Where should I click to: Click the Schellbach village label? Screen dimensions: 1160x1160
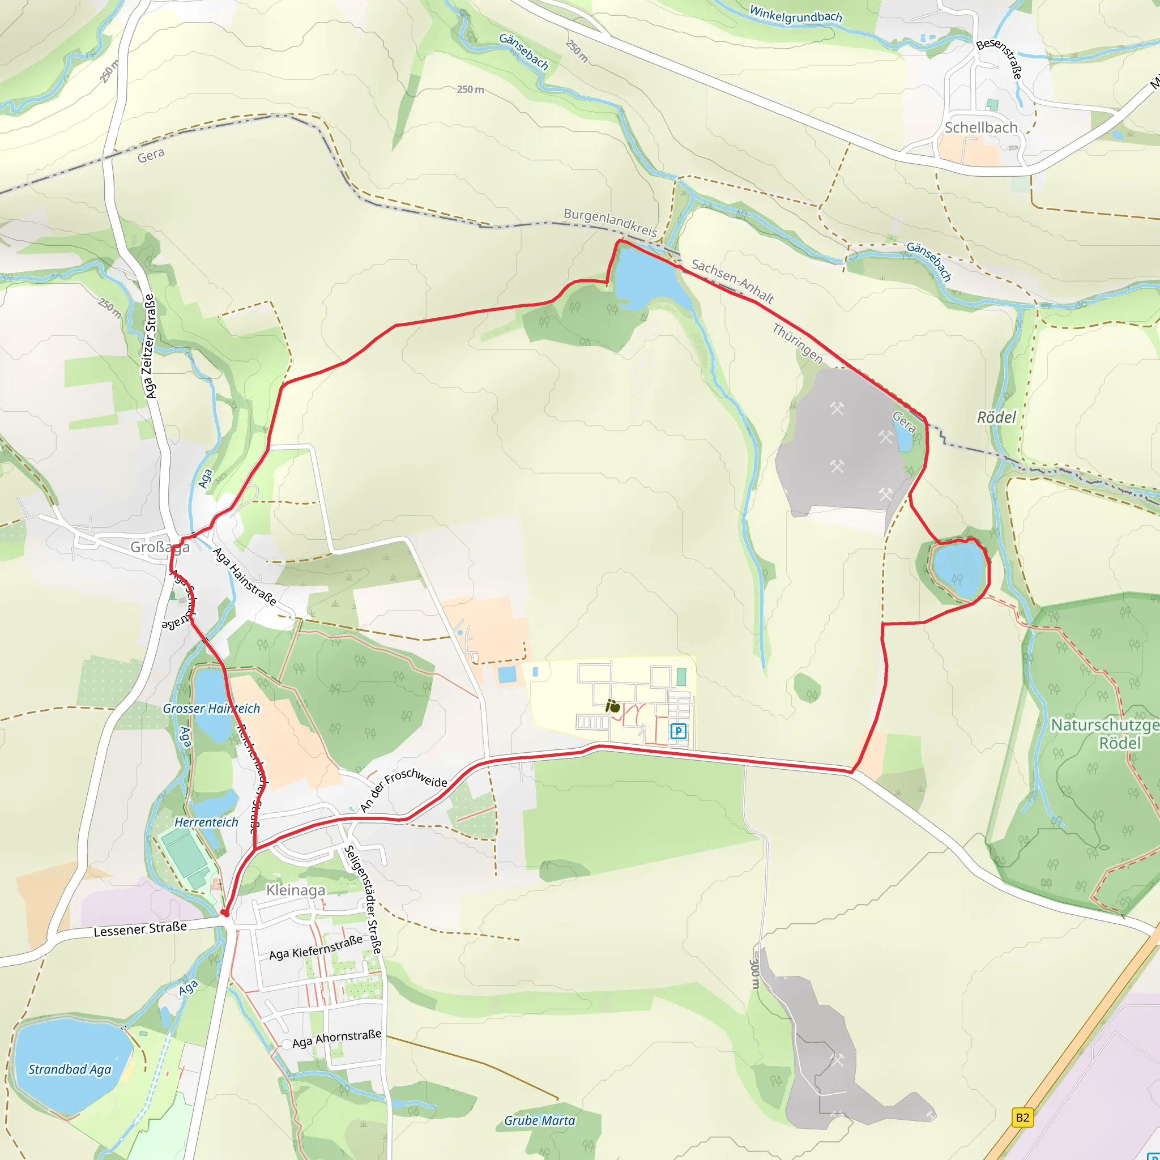(980, 127)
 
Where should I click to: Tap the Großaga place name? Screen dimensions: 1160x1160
(160, 547)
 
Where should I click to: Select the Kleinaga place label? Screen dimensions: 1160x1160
(296, 890)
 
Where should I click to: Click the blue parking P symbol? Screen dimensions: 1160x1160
(678, 731)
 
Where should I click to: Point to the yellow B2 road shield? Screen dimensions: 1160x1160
(1022, 1118)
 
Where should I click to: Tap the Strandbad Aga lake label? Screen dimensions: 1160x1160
(70, 1069)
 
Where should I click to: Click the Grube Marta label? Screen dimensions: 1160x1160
(539, 1120)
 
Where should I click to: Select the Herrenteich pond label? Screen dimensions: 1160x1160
(206, 822)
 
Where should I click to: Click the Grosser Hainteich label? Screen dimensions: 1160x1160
(211, 709)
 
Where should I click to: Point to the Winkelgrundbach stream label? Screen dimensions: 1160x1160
(796, 14)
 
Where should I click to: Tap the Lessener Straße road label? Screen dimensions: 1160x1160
(140, 929)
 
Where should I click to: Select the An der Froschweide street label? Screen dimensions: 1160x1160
(403, 791)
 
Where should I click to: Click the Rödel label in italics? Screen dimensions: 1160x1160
(996, 417)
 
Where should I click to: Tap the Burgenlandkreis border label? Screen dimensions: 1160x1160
(610, 222)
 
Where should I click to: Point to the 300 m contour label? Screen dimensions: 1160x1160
(754, 974)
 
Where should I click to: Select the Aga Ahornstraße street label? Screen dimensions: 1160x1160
(337, 1038)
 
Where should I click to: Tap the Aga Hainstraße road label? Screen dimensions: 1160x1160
(245, 577)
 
